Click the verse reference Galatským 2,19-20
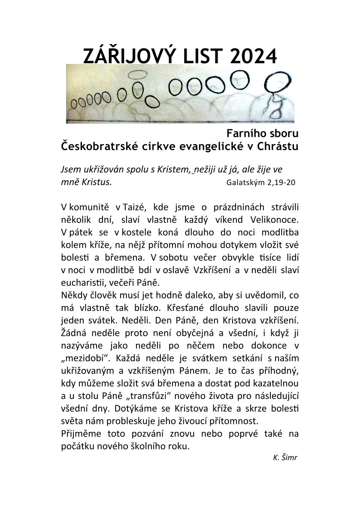[x=260, y=182]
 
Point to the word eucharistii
[x=82, y=283]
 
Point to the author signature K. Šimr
[x=285, y=457]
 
